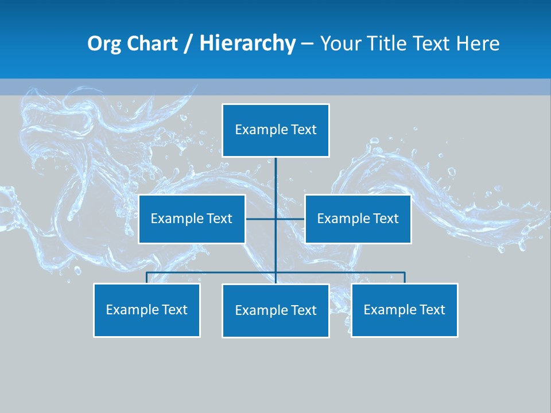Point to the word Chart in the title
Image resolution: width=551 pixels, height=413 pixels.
click(151, 44)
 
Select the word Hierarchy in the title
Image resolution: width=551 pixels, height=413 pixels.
click(247, 44)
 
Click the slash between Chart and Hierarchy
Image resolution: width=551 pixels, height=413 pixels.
click(188, 44)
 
